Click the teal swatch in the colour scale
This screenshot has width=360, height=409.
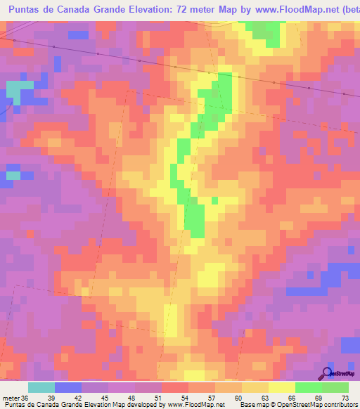click(x=41, y=387)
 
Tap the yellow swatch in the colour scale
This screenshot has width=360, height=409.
click(x=282, y=387)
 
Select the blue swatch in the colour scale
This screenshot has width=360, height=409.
click(x=68, y=387)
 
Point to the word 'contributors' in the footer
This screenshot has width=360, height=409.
click(x=335, y=405)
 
